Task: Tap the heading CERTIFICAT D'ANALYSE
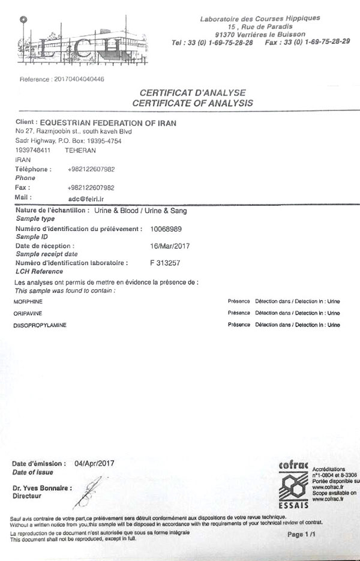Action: click(x=193, y=92)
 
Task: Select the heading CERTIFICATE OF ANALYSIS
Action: click(x=193, y=103)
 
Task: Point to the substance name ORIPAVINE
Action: click(x=27, y=313)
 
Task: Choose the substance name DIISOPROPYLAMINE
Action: click(x=39, y=325)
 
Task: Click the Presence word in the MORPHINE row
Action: click(x=239, y=302)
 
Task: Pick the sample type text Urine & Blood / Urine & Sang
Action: click(x=137, y=211)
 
